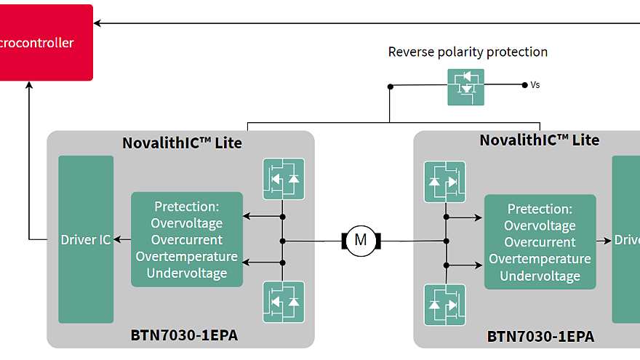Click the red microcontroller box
click(x=44, y=42)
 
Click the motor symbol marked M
click(x=360, y=239)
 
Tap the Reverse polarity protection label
click(x=468, y=52)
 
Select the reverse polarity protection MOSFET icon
click(x=465, y=86)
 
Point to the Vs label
click(x=535, y=85)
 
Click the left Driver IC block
click(x=86, y=239)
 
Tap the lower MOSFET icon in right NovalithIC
click(x=444, y=304)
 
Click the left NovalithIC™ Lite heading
click(x=182, y=143)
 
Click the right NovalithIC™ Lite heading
click(x=539, y=140)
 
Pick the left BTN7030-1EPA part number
click(x=184, y=335)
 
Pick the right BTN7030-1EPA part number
click(x=540, y=337)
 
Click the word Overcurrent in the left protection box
click(x=186, y=240)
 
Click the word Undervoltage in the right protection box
click(x=540, y=276)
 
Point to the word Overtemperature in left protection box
click(x=186, y=257)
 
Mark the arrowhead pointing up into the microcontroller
click(x=29, y=86)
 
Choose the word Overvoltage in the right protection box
click(x=540, y=225)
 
